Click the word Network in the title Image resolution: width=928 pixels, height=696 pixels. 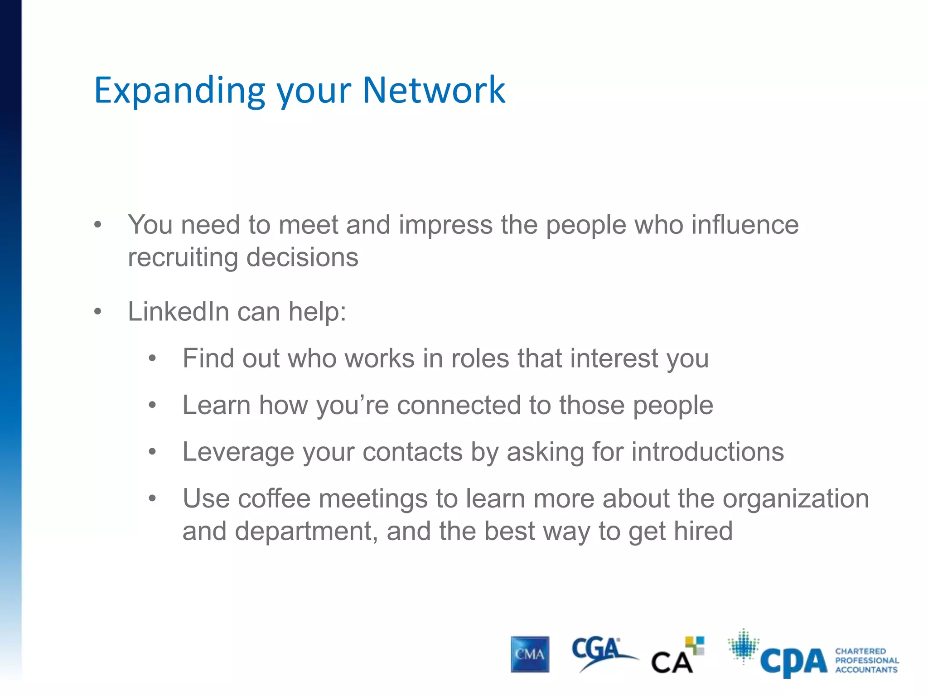tap(434, 90)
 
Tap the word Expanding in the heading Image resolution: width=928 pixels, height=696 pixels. tap(179, 91)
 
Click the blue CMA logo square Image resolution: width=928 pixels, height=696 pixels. tap(530, 654)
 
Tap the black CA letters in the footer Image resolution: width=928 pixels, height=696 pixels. tap(672, 662)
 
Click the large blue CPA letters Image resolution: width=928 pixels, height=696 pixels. tap(793, 662)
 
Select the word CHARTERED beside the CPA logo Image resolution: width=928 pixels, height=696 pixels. tap(860, 651)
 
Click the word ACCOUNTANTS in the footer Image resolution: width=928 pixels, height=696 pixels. tap(866, 670)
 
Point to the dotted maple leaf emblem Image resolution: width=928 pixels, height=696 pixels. tap(743, 646)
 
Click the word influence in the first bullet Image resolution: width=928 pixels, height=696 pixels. tap(745, 225)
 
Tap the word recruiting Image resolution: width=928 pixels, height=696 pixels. tap(183, 257)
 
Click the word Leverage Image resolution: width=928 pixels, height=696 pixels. tap(238, 452)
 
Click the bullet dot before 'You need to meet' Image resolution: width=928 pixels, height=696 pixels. tap(97, 225)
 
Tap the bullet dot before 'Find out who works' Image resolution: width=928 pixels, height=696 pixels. tap(152, 358)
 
